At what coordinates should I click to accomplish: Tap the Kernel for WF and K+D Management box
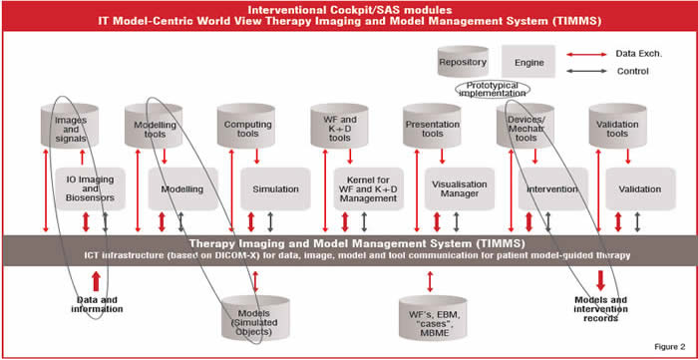(367, 188)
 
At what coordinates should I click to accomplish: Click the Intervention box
(551, 188)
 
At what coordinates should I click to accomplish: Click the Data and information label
(91, 304)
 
